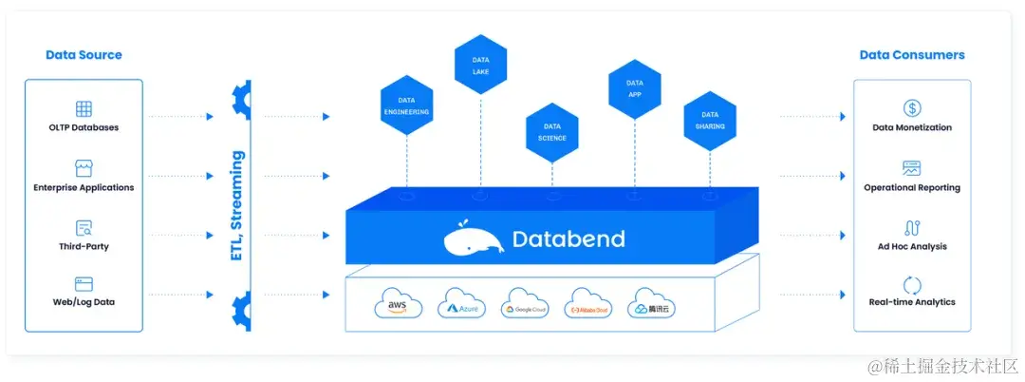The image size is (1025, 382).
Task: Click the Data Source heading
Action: [84, 55]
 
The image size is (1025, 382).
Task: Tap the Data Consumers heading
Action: [912, 55]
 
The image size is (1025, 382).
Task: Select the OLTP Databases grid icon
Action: [84, 109]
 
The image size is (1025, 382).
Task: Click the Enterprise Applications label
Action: [84, 187]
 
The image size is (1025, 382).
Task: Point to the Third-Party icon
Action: [84, 228]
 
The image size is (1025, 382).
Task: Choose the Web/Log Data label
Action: [84, 302]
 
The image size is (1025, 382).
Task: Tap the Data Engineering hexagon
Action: [406, 105]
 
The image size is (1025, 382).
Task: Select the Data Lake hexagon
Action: [480, 65]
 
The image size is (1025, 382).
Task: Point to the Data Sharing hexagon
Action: [709, 120]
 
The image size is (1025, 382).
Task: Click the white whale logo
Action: [473, 239]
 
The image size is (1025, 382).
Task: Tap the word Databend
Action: [568, 239]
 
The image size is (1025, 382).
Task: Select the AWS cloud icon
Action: [398, 303]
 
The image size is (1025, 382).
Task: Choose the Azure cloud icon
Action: [462, 304]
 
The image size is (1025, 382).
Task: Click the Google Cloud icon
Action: [525, 303]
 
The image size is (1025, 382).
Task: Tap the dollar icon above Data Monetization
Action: [912, 108]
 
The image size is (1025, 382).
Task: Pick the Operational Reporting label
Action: [912, 187]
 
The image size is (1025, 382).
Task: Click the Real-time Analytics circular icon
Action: [912, 284]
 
